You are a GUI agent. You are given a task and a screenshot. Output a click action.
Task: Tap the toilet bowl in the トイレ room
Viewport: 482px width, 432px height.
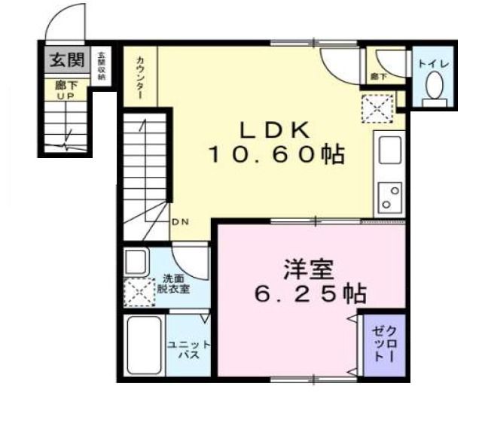click(433, 89)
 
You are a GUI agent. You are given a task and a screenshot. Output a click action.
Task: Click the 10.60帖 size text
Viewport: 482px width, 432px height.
click(276, 155)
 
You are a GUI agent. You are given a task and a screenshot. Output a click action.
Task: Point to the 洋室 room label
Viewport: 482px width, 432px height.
click(304, 269)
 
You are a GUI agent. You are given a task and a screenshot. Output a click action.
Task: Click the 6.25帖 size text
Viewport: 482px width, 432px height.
click(310, 294)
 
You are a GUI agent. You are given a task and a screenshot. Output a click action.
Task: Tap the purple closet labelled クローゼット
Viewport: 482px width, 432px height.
click(383, 343)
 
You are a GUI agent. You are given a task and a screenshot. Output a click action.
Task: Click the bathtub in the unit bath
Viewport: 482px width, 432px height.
click(143, 347)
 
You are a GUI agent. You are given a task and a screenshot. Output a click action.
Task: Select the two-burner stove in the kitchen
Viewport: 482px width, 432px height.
click(390, 198)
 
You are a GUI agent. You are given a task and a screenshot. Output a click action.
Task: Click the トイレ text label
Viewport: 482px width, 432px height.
click(432, 64)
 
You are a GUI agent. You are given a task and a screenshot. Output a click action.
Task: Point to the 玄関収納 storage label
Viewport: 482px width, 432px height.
click(101, 65)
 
